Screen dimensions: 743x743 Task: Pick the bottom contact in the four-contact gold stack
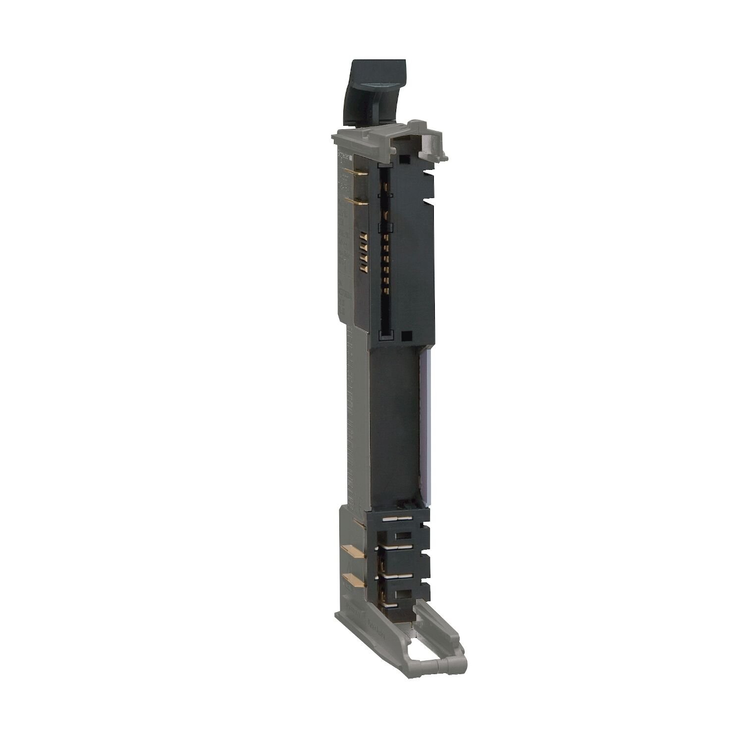pos(363,268)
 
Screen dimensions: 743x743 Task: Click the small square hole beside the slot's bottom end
pos(407,335)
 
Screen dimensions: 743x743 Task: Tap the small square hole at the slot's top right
pos(406,159)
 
